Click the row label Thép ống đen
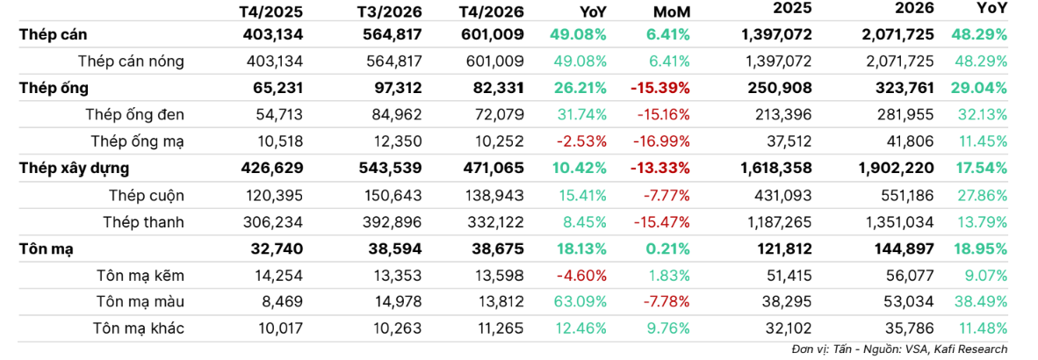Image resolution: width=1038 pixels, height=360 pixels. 135,114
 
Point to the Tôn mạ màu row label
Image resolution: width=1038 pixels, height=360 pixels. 141,302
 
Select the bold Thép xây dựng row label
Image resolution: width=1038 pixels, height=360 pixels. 74,168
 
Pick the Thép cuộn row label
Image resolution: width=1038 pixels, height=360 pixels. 148,195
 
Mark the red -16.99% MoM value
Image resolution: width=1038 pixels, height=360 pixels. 663,141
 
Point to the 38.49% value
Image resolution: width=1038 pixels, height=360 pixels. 980,302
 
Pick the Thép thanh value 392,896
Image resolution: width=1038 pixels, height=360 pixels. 394,221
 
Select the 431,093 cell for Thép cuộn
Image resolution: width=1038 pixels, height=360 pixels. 783,195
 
